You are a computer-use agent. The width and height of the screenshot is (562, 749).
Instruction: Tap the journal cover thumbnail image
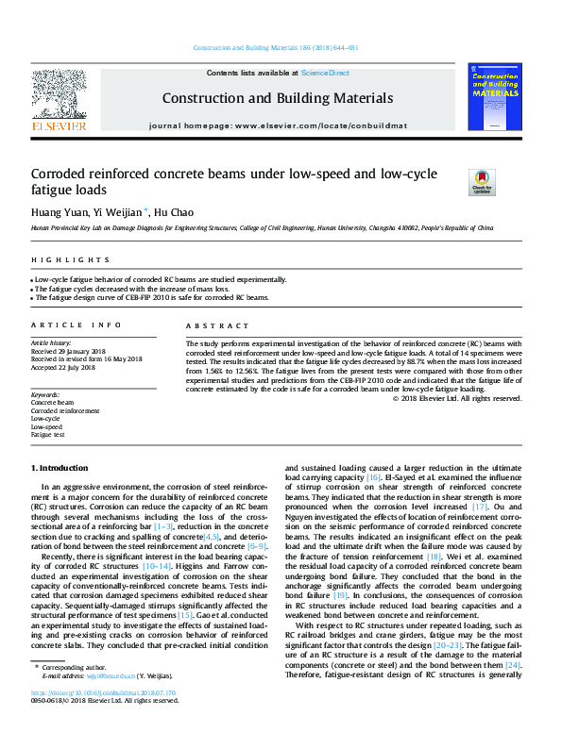[x=495, y=94]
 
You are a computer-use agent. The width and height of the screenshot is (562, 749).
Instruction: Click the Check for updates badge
[x=482, y=181]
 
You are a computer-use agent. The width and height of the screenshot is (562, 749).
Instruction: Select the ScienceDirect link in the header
[x=325, y=73]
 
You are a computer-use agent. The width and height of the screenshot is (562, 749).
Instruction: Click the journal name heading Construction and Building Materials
[x=278, y=98]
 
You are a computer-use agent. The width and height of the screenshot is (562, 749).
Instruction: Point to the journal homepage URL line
[x=278, y=125]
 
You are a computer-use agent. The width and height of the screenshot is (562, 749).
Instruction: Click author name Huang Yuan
[x=58, y=212]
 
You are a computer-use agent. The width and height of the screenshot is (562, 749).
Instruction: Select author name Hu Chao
[x=175, y=212]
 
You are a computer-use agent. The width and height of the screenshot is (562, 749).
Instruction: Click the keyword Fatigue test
[x=47, y=435]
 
